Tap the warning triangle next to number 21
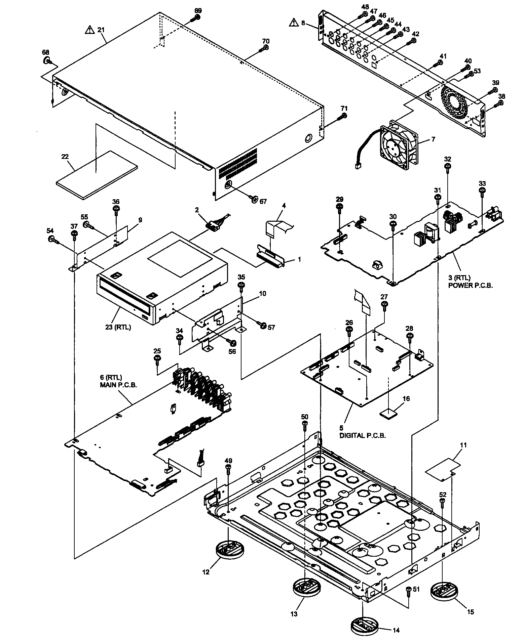coord(89,30)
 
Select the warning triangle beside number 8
coord(294,23)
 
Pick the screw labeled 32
coord(448,167)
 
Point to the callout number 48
coord(356,7)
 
